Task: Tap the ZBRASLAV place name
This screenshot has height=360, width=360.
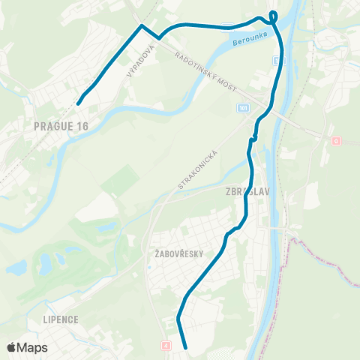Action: pyautogui.click(x=247, y=191)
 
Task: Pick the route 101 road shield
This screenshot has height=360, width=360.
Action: pyautogui.click(x=242, y=109)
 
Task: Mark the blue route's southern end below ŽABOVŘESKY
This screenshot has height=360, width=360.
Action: pyautogui.click(x=184, y=348)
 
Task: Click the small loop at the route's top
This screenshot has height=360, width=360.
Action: pyautogui.click(x=273, y=15)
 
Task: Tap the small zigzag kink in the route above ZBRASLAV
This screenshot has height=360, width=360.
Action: pyautogui.click(x=253, y=137)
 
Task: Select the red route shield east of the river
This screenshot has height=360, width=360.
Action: pyautogui.click(x=336, y=140)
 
